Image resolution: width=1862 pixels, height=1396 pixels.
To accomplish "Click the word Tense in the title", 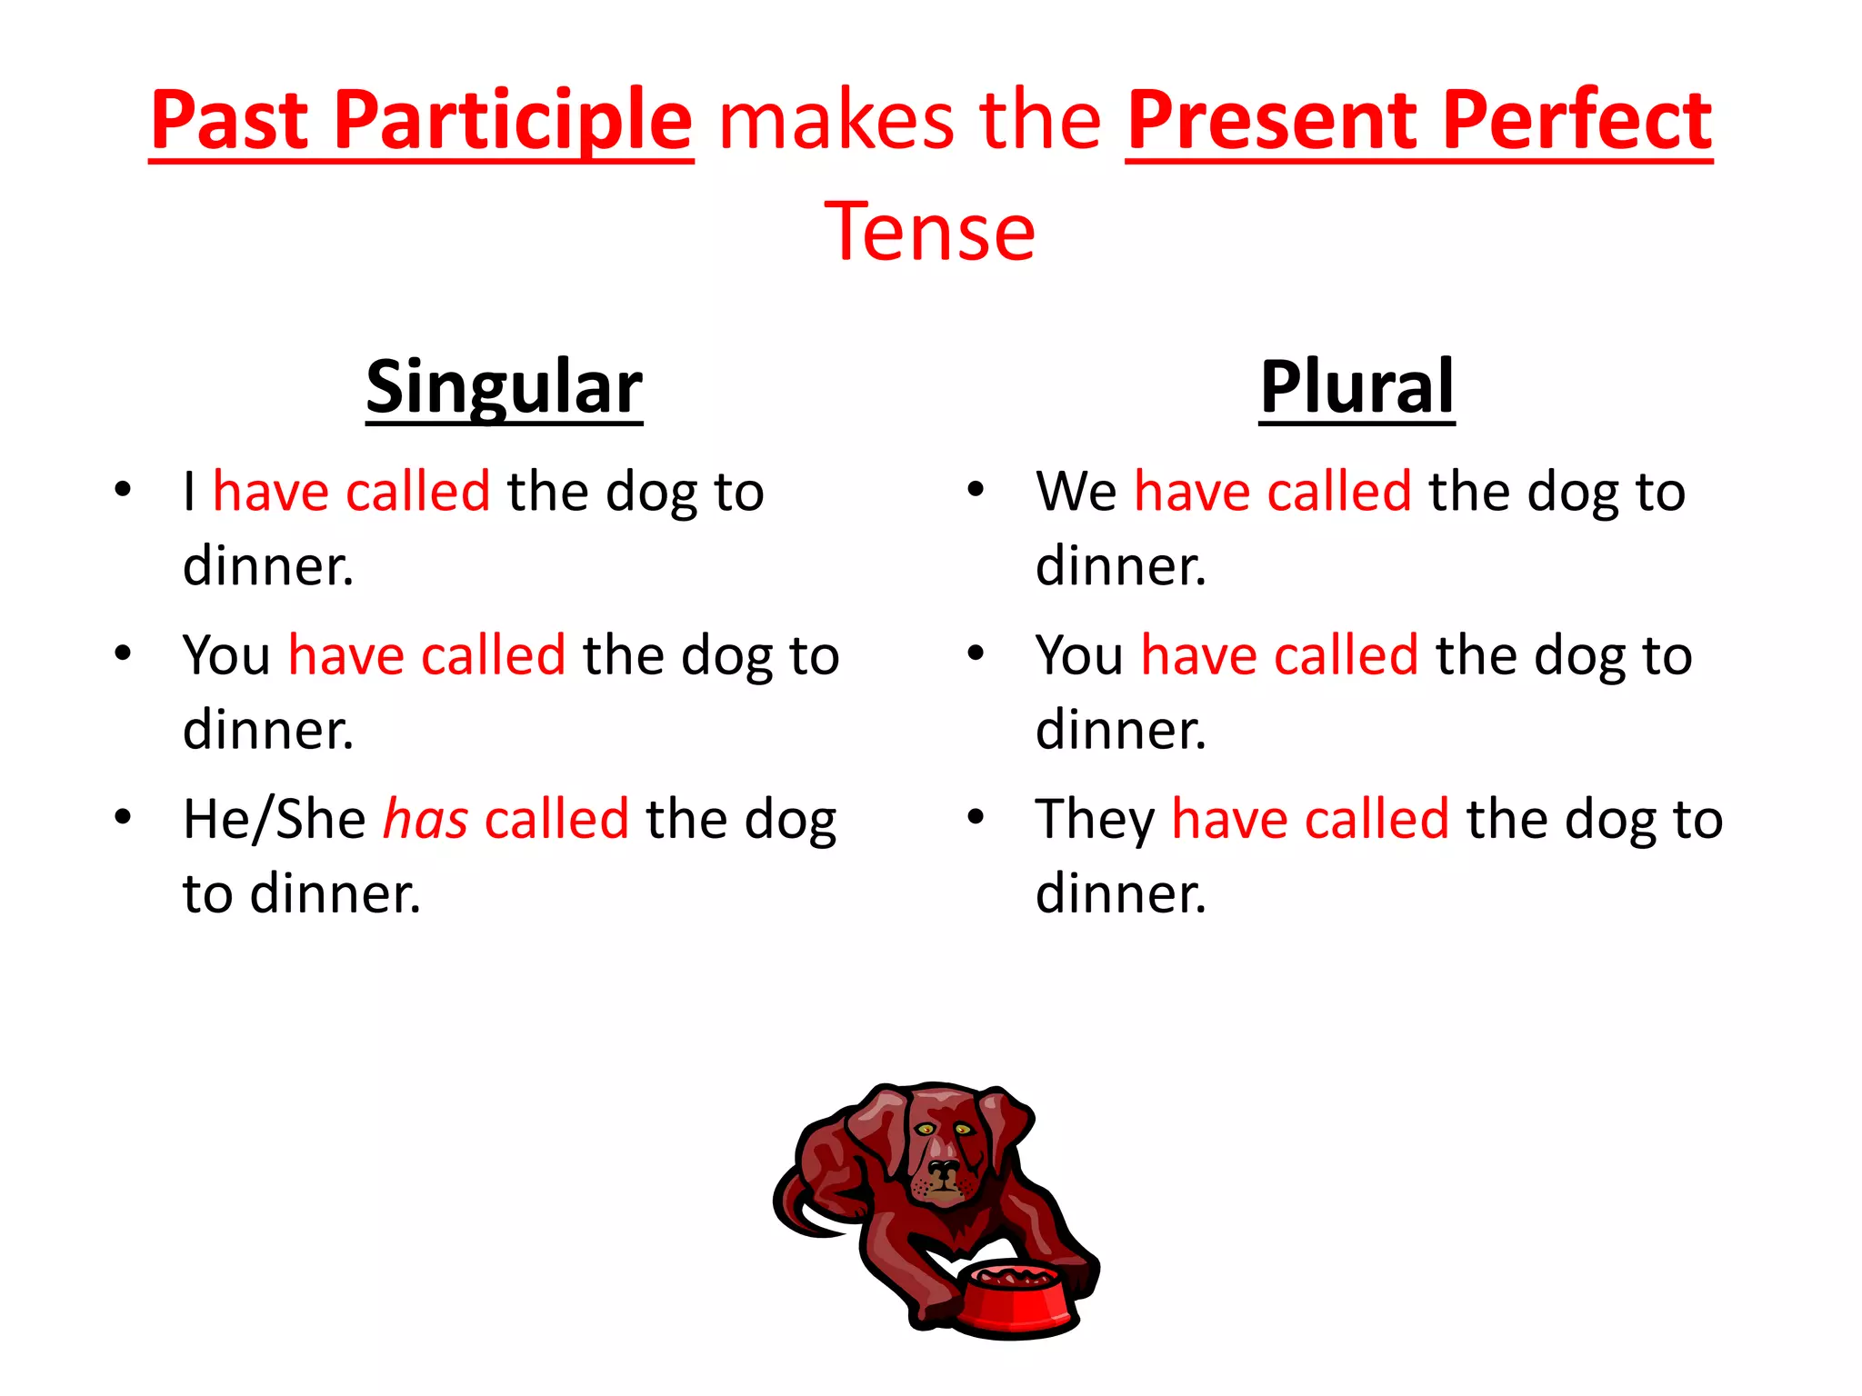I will pyautogui.click(x=929, y=232).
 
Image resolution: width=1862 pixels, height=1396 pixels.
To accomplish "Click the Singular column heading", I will pyautogui.click(x=504, y=386).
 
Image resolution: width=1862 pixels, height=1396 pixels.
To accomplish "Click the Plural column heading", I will pyautogui.click(x=1356, y=386).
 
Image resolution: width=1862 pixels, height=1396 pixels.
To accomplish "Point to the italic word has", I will pyautogui.click(x=425, y=819).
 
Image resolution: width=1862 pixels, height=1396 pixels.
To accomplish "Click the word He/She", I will pyautogui.click(x=274, y=819).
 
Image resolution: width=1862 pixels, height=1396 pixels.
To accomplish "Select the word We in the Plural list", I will pyautogui.click(x=1076, y=492).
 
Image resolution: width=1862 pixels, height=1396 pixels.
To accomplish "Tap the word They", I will pyautogui.click(x=1095, y=819).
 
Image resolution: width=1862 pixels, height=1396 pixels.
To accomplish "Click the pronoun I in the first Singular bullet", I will pyautogui.click(x=189, y=492).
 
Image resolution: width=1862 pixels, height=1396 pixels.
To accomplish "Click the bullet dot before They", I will pyautogui.click(x=976, y=816).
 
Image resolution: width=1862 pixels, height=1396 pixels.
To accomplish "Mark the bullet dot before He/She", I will pyautogui.click(x=123, y=816).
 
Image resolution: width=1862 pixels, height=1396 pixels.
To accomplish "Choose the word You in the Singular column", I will pyautogui.click(x=226, y=655).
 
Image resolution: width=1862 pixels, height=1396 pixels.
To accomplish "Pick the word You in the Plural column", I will pyautogui.click(x=1079, y=655).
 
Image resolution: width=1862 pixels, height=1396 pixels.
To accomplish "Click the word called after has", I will pyautogui.click(x=556, y=819).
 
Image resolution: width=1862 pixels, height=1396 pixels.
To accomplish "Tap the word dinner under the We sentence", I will pyautogui.click(x=1119, y=566).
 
